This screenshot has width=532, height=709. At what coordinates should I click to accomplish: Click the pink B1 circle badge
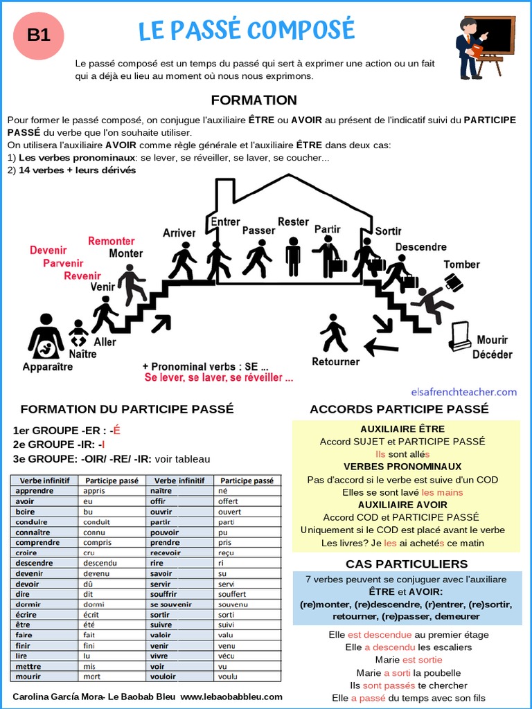point(39,35)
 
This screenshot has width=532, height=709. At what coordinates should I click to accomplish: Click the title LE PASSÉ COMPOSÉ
point(247,30)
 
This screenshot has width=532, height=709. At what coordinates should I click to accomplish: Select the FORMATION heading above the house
point(254,100)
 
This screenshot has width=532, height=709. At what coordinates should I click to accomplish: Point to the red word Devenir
point(48,251)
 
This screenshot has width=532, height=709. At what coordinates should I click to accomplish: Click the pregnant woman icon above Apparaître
point(46,336)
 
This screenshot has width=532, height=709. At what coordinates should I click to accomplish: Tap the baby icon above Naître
point(78,333)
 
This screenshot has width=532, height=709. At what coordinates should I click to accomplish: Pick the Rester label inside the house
point(293,222)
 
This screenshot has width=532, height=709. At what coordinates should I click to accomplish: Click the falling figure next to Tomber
point(434,303)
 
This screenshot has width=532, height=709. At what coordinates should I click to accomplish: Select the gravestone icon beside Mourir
point(460,337)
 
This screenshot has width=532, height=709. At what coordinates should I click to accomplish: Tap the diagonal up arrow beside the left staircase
point(161,323)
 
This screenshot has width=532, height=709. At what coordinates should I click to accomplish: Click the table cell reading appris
point(94,491)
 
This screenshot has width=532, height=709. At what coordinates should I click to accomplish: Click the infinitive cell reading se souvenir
point(170,604)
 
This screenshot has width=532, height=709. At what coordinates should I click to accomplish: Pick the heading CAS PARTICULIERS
point(407,564)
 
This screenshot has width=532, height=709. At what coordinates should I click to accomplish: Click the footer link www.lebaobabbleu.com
point(231,697)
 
